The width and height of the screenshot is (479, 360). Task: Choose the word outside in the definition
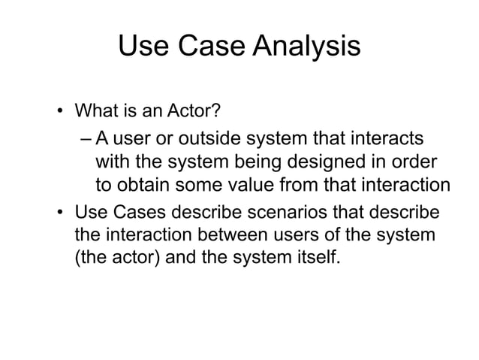222,139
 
